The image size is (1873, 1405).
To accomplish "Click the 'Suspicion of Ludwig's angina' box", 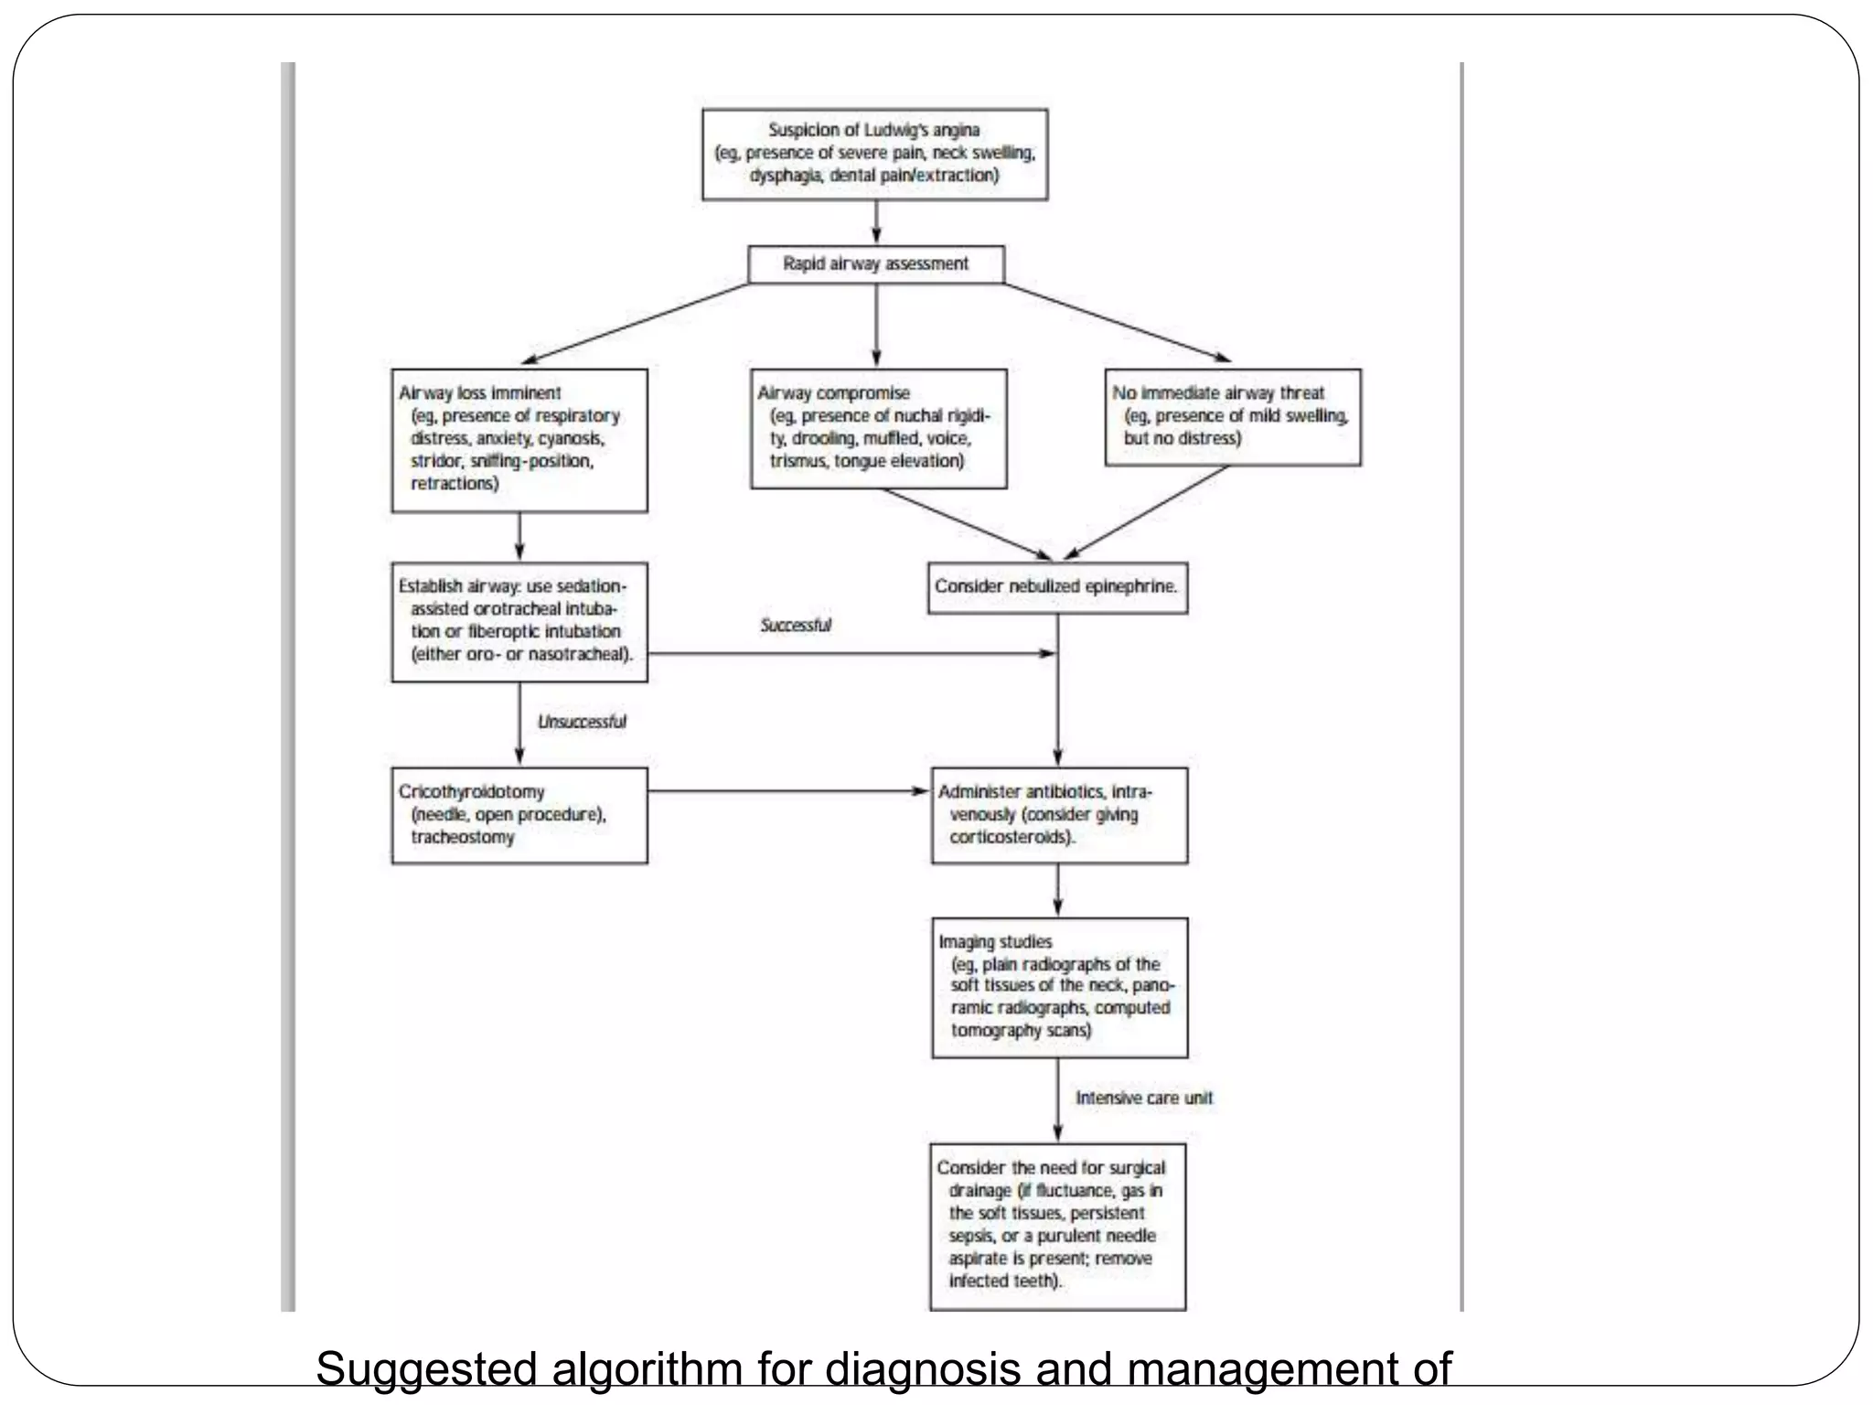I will point(874,154).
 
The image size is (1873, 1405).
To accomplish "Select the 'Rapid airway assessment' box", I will point(875,264).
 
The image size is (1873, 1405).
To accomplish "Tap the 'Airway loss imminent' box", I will point(519,440).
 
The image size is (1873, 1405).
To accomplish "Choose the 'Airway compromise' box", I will point(878,428).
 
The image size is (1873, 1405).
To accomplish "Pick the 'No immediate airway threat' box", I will point(1232,417).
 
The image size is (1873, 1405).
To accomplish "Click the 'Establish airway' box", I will point(519,621).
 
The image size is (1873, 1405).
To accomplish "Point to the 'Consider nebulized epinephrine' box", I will point(1056,587).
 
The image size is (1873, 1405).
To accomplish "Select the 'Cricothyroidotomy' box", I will point(519,815).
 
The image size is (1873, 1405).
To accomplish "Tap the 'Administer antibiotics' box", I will point(1058,815).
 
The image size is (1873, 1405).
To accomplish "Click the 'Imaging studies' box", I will point(1058,987).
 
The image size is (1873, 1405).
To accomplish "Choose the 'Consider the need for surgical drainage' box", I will point(1056,1226).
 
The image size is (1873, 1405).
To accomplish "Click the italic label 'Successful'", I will point(796,626).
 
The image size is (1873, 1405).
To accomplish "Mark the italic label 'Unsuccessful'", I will point(582,722).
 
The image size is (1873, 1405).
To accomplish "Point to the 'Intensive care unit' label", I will point(1143,1099).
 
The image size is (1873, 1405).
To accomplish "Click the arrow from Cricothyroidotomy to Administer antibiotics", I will point(787,791).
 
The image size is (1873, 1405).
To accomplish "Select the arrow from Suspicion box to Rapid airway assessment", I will point(876,222).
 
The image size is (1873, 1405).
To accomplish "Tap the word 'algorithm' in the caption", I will point(646,1370).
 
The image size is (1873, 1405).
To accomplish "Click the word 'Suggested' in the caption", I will point(425,1370).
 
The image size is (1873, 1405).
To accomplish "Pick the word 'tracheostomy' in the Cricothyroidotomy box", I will point(462,837).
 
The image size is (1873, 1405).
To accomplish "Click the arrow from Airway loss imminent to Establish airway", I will point(519,537).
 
